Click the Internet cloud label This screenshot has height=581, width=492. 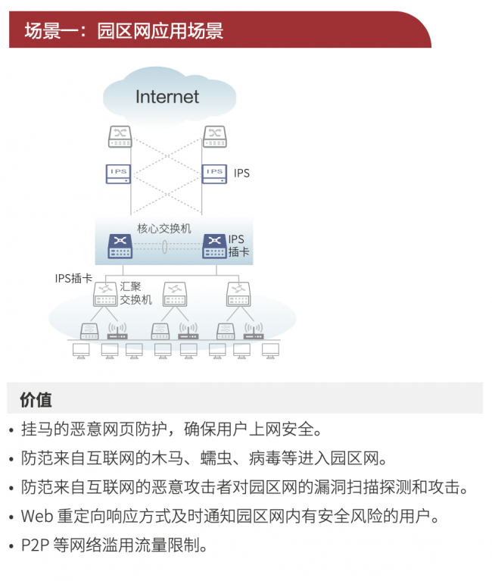pos(167,96)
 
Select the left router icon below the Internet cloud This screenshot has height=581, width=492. pos(120,136)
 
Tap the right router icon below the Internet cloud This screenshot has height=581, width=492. pos(215,136)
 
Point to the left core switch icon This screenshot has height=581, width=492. pos(120,245)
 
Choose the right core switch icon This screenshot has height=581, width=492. pos(214,245)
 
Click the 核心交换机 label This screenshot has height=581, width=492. pos(164,228)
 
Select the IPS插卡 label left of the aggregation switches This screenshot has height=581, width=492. pos(74,278)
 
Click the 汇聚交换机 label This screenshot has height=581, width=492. pos(136,293)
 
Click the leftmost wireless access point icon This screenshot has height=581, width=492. pos(117,332)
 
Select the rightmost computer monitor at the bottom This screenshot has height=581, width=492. pos(270,351)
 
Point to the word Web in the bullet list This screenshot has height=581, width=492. pos(36,517)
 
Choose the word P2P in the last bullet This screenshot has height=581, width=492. pos(35,545)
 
